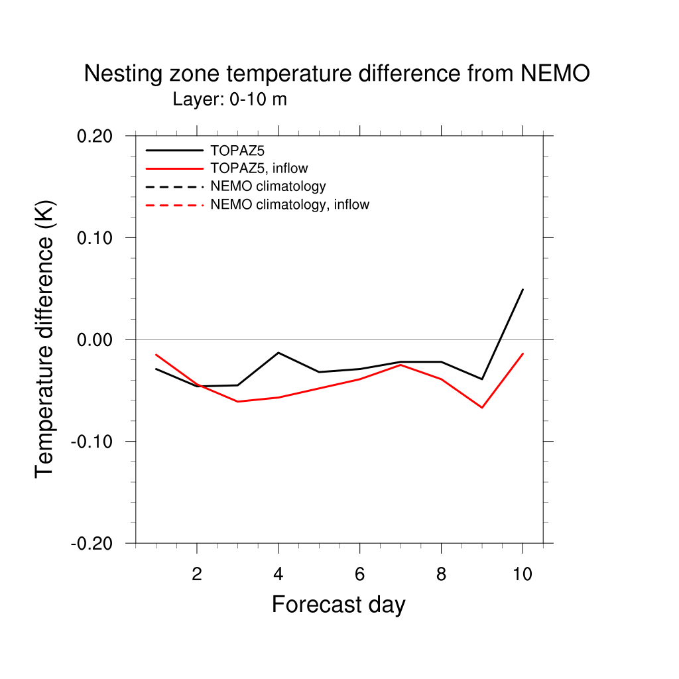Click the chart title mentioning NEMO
[337, 74]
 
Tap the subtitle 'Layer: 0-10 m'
[229, 99]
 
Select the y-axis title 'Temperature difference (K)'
[45, 339]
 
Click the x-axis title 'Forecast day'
[338, 605]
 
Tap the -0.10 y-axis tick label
[94, 441]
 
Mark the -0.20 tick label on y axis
[94, 543]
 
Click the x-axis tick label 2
[197, 574]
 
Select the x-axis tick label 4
[278, 574]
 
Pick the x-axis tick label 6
[359, 574]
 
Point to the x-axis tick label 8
[441, 574]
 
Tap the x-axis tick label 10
[523, 574]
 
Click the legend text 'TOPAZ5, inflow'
[259, 168]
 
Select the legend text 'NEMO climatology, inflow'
[289, 205]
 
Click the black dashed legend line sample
[174, 186]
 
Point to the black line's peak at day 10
[523, 290]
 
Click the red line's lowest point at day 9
[482, 407]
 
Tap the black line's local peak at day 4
[278, 353]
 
